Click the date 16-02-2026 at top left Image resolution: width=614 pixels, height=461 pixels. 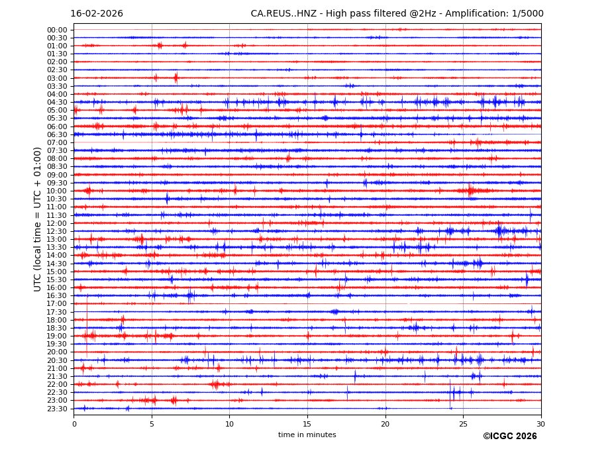point(97,14)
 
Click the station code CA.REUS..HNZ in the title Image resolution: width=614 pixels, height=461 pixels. point(283,14)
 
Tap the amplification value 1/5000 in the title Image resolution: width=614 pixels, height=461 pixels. point(528,14)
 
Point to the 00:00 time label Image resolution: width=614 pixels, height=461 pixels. point(57,30)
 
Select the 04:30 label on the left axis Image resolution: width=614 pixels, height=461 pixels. point(57,102)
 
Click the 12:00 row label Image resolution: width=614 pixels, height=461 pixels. point(57,223)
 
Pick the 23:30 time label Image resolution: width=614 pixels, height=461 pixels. point(57,409)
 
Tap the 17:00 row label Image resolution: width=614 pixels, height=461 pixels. point(57,304)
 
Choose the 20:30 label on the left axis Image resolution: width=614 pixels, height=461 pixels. point(57,360)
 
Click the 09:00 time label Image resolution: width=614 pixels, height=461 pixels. point(57,175)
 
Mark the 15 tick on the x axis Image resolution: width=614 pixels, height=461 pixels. point(307,423)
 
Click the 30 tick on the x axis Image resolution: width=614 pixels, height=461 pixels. point(541,423)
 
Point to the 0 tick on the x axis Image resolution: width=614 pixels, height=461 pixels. point(74,423)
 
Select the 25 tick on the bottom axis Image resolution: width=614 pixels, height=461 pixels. point(463,423)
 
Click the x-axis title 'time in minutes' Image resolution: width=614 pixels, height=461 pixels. point(307,435)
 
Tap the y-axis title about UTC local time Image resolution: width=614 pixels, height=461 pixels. point(38,219)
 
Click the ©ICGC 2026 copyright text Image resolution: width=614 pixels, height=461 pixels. point(510,436)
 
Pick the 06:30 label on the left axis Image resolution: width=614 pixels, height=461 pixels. point(57,134)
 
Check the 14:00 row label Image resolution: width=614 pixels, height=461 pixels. point(57,256)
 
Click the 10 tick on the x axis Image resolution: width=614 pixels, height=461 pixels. point(229,423)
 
